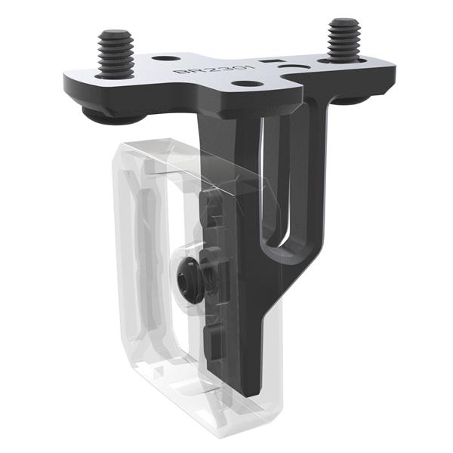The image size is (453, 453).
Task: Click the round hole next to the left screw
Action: point(165,58)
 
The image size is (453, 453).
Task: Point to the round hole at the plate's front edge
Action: point(242,83)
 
